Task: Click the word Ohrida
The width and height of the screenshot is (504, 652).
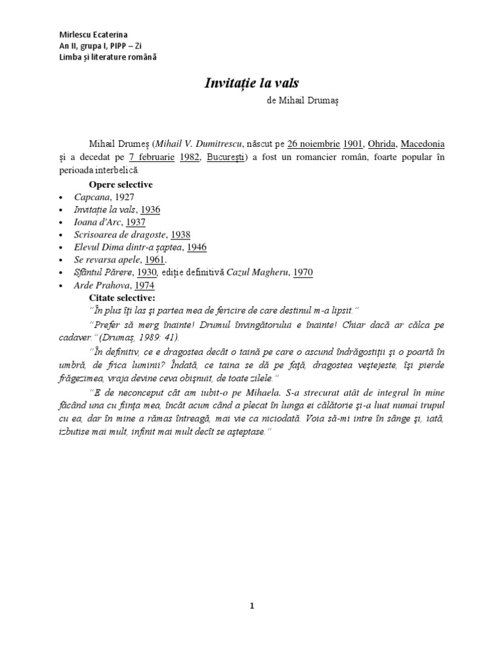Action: pos(381,144)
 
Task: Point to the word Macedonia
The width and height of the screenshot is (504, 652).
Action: pos(427,144)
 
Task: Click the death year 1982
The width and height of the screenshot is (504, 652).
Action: pos(187,157)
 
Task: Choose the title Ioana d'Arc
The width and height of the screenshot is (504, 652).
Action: pos(96,222)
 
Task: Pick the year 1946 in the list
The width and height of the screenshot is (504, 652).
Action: pos(198,247)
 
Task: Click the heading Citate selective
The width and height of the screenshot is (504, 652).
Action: pos(122,296)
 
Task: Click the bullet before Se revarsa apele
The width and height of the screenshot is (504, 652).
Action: pos(61,260)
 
